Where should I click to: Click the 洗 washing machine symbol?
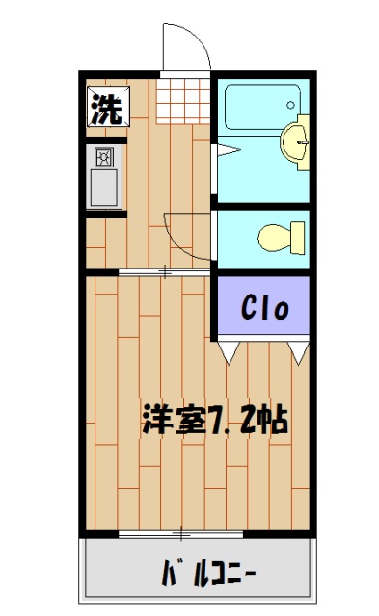click(105, 108)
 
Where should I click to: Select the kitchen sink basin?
click(104, 188)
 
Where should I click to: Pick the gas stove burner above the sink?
click(104, 156)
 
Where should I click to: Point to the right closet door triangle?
click(298, 354)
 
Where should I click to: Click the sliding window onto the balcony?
click(181, 531)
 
